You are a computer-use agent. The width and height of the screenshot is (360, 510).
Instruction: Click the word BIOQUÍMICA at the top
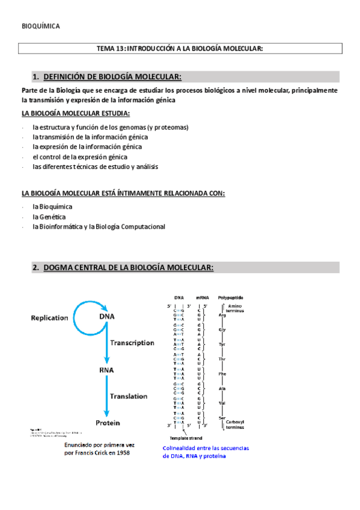coord(40,26)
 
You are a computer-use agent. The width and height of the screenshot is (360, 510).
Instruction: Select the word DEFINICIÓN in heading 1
coord(67,76)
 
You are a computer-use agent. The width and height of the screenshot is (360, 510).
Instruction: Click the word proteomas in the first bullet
coord(169,127)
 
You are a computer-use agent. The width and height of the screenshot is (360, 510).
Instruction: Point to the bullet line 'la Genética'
coord(49,217)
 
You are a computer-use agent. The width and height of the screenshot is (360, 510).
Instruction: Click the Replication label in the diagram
coord(49,318)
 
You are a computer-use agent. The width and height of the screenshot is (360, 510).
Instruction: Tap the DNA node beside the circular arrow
coord(106,317)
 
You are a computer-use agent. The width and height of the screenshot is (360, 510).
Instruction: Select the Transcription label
coord(132,343)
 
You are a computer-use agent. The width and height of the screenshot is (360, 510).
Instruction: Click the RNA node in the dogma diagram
coord(106,370)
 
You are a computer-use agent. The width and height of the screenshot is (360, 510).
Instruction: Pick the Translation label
coord(129,396)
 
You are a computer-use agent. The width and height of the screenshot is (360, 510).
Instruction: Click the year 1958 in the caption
coord(120,453)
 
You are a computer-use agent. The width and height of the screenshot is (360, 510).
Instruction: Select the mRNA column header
coord(202,297)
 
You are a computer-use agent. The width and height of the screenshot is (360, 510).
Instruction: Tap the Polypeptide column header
coord(231,297)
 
